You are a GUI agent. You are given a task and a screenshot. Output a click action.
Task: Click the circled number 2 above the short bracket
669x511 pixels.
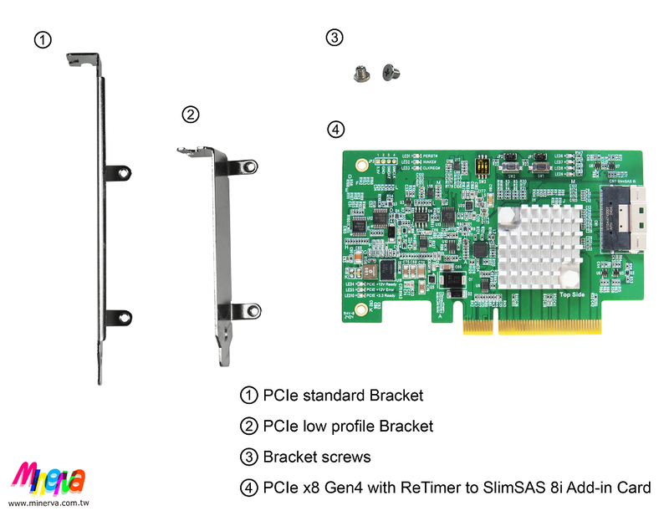pyautogui.click(x=190, y=115)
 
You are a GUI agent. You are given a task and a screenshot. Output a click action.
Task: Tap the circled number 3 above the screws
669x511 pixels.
pyautogui.click(x=334, y=38)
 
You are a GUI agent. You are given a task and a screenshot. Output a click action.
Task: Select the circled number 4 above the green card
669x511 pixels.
pyautogui.click(x=334, y=130)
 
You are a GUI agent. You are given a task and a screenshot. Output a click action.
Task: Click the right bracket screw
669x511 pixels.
pyautogui.click(x=388, y=73)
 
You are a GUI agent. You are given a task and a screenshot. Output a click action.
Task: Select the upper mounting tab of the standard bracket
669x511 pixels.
pyautogui.click(x=120, y=172)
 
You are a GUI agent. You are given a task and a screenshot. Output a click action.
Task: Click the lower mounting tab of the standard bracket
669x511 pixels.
pyautogui.click(x=120, y=314)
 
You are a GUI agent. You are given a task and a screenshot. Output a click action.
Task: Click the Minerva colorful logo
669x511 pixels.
pyautogui.click(x=49, y=478)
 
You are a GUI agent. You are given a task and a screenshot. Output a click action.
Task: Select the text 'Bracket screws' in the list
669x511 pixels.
pyautogui.click(x=316, y=457)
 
